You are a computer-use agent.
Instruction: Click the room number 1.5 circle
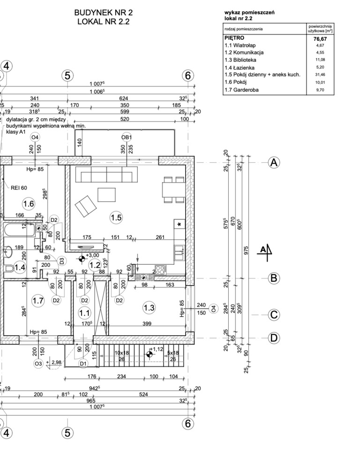tap(116, 218)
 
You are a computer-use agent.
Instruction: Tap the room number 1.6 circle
tap(29, 204)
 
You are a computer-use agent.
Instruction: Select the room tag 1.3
tap(149, 308)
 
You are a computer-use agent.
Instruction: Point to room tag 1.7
tap(38, 301)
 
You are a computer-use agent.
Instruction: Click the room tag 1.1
tap(84, 313)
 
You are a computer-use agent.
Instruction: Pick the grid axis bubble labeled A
tap(274, 163)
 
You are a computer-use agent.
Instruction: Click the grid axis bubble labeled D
tap(274, 338)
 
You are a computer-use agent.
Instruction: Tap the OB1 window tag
tap(127, 137)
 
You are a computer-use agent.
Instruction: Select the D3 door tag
tap(62, 261)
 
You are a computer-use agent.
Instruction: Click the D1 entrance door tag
tap(83, 364)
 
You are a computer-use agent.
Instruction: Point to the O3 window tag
tap(38, 364)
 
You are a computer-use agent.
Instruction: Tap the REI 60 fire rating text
tap(19, 188)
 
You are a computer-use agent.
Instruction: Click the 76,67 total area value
tap(320, 38)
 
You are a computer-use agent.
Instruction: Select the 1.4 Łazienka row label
tap(240, 68)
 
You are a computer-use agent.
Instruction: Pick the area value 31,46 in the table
tap(320, 75)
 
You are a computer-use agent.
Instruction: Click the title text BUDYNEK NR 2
tap(104, 13)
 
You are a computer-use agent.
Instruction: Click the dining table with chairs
tap(174, 189)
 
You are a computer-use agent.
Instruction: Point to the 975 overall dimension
tap(246, 250)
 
